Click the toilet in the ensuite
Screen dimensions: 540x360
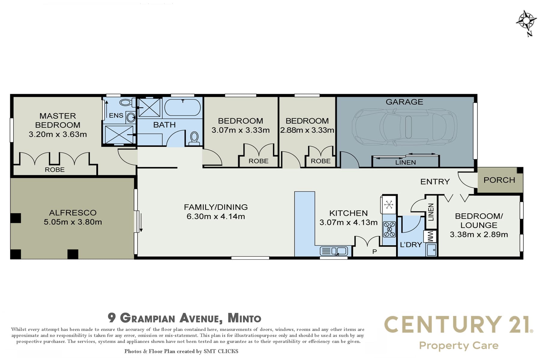tap(125, 102)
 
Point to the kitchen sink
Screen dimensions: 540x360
tap(334, 250)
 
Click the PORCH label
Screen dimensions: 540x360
tap(499, 180)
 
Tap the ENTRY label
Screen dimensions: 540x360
tap(435, 181)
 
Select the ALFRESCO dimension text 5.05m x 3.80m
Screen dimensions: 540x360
tap(73, 222)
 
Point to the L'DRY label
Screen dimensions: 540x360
tap(411, 244)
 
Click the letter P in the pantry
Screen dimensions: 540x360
tap(374, 252)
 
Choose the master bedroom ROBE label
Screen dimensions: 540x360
tap(55, 170)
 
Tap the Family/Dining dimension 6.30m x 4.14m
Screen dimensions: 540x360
tap(216, 216)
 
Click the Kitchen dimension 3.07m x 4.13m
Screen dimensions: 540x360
tap(348, 222)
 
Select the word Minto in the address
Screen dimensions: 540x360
tap(244, 318)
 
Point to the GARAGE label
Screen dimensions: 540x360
tap(404, 102)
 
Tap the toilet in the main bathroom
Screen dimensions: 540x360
tap(194, 139)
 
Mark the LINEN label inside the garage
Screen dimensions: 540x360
tap(406, 162)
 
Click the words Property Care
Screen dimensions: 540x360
tap(459, 346)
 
